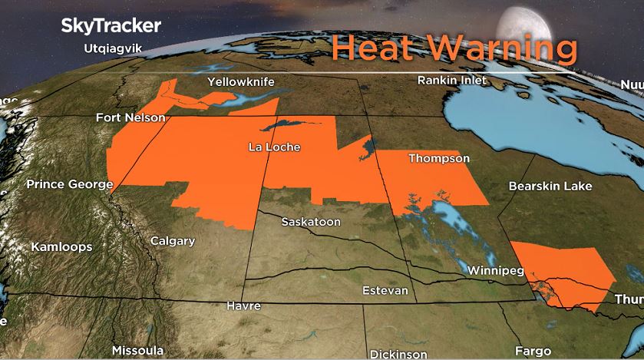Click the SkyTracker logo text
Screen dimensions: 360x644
[111, 25]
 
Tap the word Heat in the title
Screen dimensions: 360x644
[375, 48]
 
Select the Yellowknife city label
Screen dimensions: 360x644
[241, 82]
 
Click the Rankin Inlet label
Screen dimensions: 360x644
[452, 80]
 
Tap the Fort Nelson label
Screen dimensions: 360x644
[130, 117]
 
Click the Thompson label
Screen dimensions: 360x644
[438, 158]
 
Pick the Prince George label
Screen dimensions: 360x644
[69, 184]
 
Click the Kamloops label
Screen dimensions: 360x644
[61, 247]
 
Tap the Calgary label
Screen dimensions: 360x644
[172, 241]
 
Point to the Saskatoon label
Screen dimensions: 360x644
[310, 222]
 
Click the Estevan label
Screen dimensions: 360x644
[385, 291]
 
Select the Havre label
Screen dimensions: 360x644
[243, 306]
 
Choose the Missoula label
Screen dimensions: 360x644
[137, 350]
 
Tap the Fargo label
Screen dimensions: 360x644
[533, 351]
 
